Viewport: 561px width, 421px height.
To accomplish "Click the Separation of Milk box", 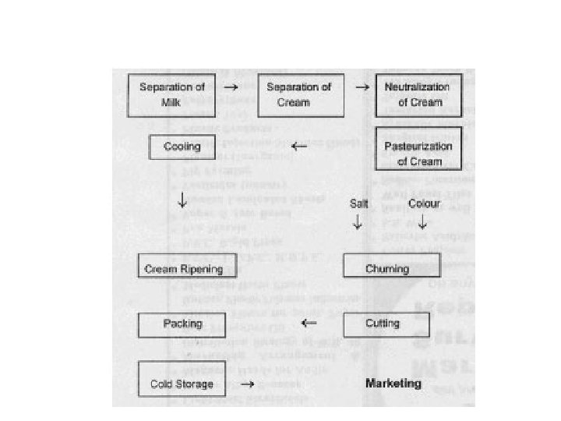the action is pyautogui.click(x=171, y=94).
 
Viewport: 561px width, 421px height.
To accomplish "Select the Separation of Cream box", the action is pyautogui.click(x=299, y=94).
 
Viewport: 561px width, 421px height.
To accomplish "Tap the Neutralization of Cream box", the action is pyautogui.click(x=419, y=94).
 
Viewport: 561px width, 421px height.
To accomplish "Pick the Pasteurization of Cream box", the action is pyautogui.click(x=419, y=148).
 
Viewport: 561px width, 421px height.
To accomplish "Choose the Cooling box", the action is pyautogui.click(x=182, y=146).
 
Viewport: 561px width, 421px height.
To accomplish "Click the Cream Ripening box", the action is pyautogui.click(x=184, y=269).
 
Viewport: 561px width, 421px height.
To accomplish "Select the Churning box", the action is pyautogui.click(x=392, y=269).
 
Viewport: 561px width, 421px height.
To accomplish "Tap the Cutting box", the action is pyautogui.click(x=383, y=323).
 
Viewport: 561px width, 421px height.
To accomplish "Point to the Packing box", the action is pyautogui.click(x=183, y=324).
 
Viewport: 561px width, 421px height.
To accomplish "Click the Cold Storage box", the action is pyautogui.click(x=182, y=384).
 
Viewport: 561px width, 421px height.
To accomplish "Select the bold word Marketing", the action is pyautogui.click(x=393, y=383).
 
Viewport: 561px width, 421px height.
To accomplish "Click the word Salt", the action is pyautogui.click(x=358, y=203).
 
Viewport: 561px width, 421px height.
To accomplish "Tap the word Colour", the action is pyautogui.click(x=425, y=203).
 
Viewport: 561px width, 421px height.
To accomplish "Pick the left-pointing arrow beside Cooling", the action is pyautogui.click(x=299, y=146).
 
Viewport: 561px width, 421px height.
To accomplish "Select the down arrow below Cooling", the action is pyautogui.click(x=182, y=200).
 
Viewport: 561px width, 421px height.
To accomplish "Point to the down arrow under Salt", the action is pyautogui.click(x=358, y=222).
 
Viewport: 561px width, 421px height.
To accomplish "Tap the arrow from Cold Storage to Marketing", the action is pyautogui.click(x=248, y=384).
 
